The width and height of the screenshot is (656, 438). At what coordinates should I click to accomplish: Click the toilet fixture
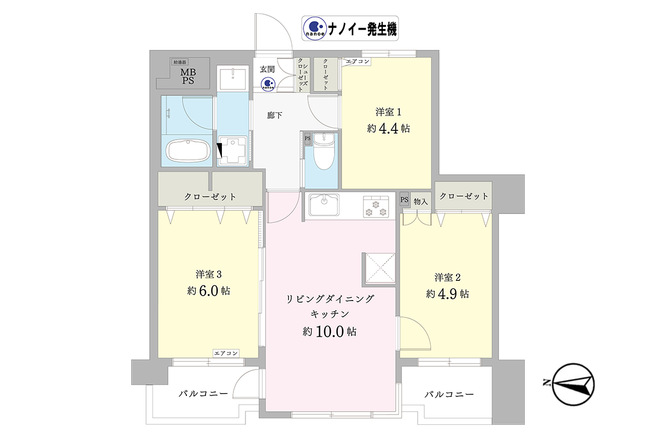[x=324, y=151]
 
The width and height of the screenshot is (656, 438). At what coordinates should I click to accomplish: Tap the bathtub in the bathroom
[x=188, y=151]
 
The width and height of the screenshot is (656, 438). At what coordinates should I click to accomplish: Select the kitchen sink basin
[x=324, y=204]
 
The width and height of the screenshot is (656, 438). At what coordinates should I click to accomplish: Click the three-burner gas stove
[x=376, y=207]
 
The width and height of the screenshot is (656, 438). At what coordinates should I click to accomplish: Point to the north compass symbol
[x=570, y=384]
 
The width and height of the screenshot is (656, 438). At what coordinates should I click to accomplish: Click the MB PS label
[x=188, y=76]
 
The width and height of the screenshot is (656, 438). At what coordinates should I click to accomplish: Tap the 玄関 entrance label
[x=267, y=69]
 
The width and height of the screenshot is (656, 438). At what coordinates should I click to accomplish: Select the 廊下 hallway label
[x=274, y=116]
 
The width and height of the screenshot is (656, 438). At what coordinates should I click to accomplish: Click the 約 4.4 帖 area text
[x=388, y=128]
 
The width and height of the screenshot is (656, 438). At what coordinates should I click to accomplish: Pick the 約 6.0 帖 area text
[x=208, y=291]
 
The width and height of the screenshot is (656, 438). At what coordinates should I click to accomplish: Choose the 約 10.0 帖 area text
[x=330, y=331]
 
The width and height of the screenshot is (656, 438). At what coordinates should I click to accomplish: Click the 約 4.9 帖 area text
[x=448, y=293]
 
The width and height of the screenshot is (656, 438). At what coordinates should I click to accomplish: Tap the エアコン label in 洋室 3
[x=226, y=353]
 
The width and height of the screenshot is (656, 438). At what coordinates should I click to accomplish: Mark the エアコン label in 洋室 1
[x=358, y=61]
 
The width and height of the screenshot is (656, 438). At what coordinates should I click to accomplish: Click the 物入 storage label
[x=420, y=201]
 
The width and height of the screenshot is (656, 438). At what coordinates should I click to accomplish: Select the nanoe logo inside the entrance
[x=268, y=84]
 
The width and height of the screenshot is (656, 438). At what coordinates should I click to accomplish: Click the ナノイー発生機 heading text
[x=362, y=29]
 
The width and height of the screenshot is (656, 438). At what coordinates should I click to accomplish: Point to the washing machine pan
[x=233, y=151]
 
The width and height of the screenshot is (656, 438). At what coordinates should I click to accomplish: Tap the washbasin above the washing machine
[x=233, y=78]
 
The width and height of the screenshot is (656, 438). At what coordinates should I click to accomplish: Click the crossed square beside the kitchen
[x=380, y=268]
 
